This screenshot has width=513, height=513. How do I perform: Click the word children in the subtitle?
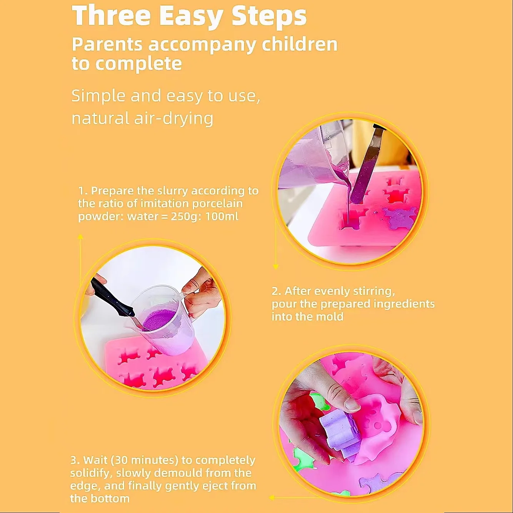pyautogui.click(x=299, y=44)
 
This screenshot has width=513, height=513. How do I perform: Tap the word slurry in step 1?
pyautogui.click(x=173, y=191)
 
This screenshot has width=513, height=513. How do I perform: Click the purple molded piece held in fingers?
pyautogui.click(x=338, y=433)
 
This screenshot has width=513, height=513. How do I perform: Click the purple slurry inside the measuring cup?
pyautogui.click(x=156, y=320)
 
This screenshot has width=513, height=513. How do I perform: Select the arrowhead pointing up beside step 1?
pyautogui.click(x=80, y=237)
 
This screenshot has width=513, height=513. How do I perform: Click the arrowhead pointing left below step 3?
pyautogui.click(x=271, y=498)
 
